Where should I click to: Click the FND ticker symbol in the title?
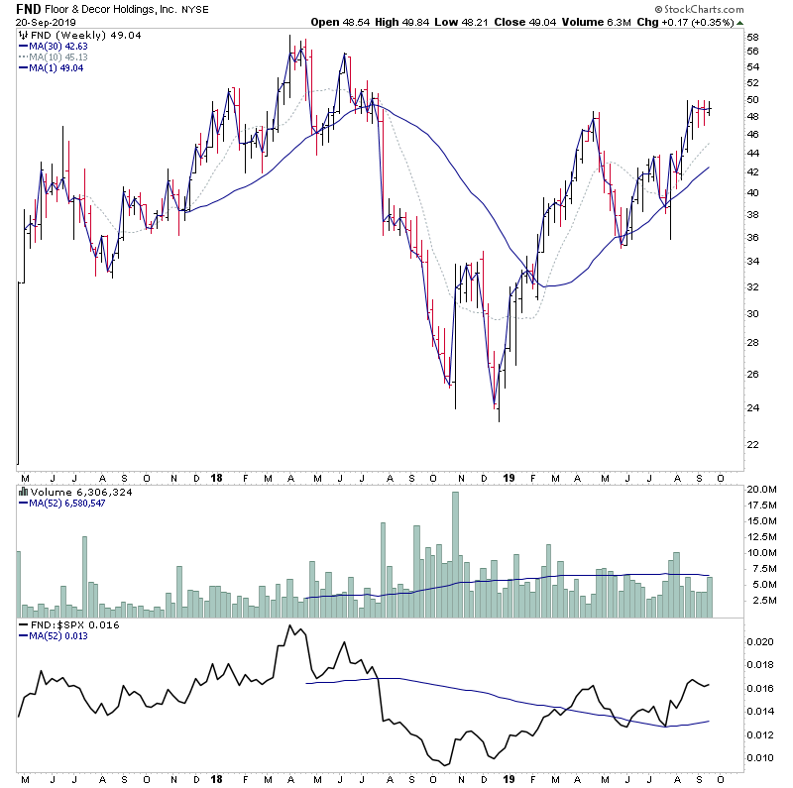pos(28,8)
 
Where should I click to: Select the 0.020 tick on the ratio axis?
pos(760,641)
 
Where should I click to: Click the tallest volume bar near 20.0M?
pos(456,555)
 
